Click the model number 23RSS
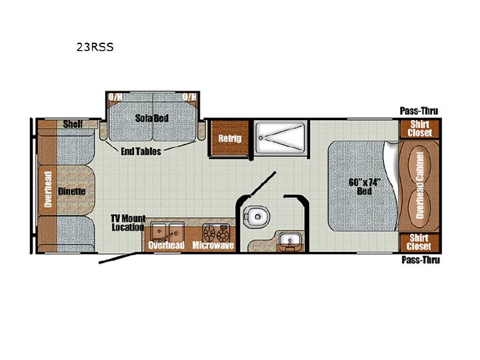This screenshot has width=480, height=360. tap(95, 47)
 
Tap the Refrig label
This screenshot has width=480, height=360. tap(229, 139)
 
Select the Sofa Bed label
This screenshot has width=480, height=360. tap(152, 118)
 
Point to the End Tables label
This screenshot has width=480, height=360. tap(141, 151)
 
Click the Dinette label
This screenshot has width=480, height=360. tap(71, 191)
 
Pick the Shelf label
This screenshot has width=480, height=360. tap(73, 124)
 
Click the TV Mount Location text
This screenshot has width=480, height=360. tap(128, 223)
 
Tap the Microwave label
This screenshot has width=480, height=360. tap(213, 245)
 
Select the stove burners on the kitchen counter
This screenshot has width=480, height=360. tap(217, 233)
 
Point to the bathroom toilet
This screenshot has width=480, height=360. tap(256, 217)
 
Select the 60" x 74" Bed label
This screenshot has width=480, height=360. tap(364, 187)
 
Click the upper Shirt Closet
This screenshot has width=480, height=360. tap(420, 129)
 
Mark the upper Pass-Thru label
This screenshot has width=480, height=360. tap(419, 111)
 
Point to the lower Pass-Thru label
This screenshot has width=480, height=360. tap(421, 260)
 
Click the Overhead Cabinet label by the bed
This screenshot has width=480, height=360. tap(420, 185)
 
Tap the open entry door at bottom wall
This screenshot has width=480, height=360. tap(118, 258)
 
